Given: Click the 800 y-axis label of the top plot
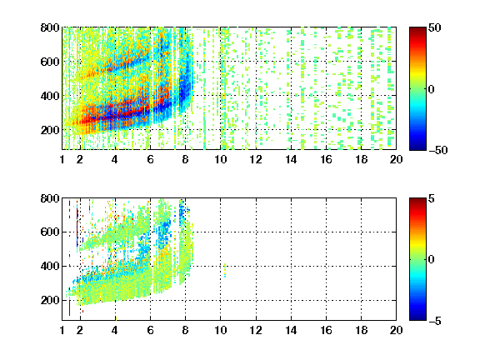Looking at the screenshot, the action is pos(50,27).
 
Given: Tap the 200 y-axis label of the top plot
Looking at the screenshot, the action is pos(50,130).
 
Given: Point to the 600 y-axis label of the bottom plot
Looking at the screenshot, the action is pos(50,232).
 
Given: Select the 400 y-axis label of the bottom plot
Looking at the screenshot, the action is pos(50,266).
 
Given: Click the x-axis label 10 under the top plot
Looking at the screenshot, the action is pos(220,159).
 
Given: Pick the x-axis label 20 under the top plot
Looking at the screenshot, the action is pos(396,159).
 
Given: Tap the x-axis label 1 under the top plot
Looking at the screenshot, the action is pos(62,159).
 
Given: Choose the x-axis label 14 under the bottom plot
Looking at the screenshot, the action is pos(291,330).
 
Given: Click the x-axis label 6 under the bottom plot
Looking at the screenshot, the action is pos(150,330).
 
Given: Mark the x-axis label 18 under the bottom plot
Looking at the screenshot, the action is pos(361,330).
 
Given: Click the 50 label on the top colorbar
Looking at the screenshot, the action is pos(435,27).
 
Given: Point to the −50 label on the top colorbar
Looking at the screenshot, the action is pos(437,150).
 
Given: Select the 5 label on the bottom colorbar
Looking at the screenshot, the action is pos(432,198).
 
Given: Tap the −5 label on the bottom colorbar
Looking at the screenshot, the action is pos(434,321).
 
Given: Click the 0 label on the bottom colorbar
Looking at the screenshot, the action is pos(432,260).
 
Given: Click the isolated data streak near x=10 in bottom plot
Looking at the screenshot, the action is pos(225,270).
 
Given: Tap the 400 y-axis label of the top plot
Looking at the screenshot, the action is pos(50,96).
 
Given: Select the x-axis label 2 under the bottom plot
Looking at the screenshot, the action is pos(80,330).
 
